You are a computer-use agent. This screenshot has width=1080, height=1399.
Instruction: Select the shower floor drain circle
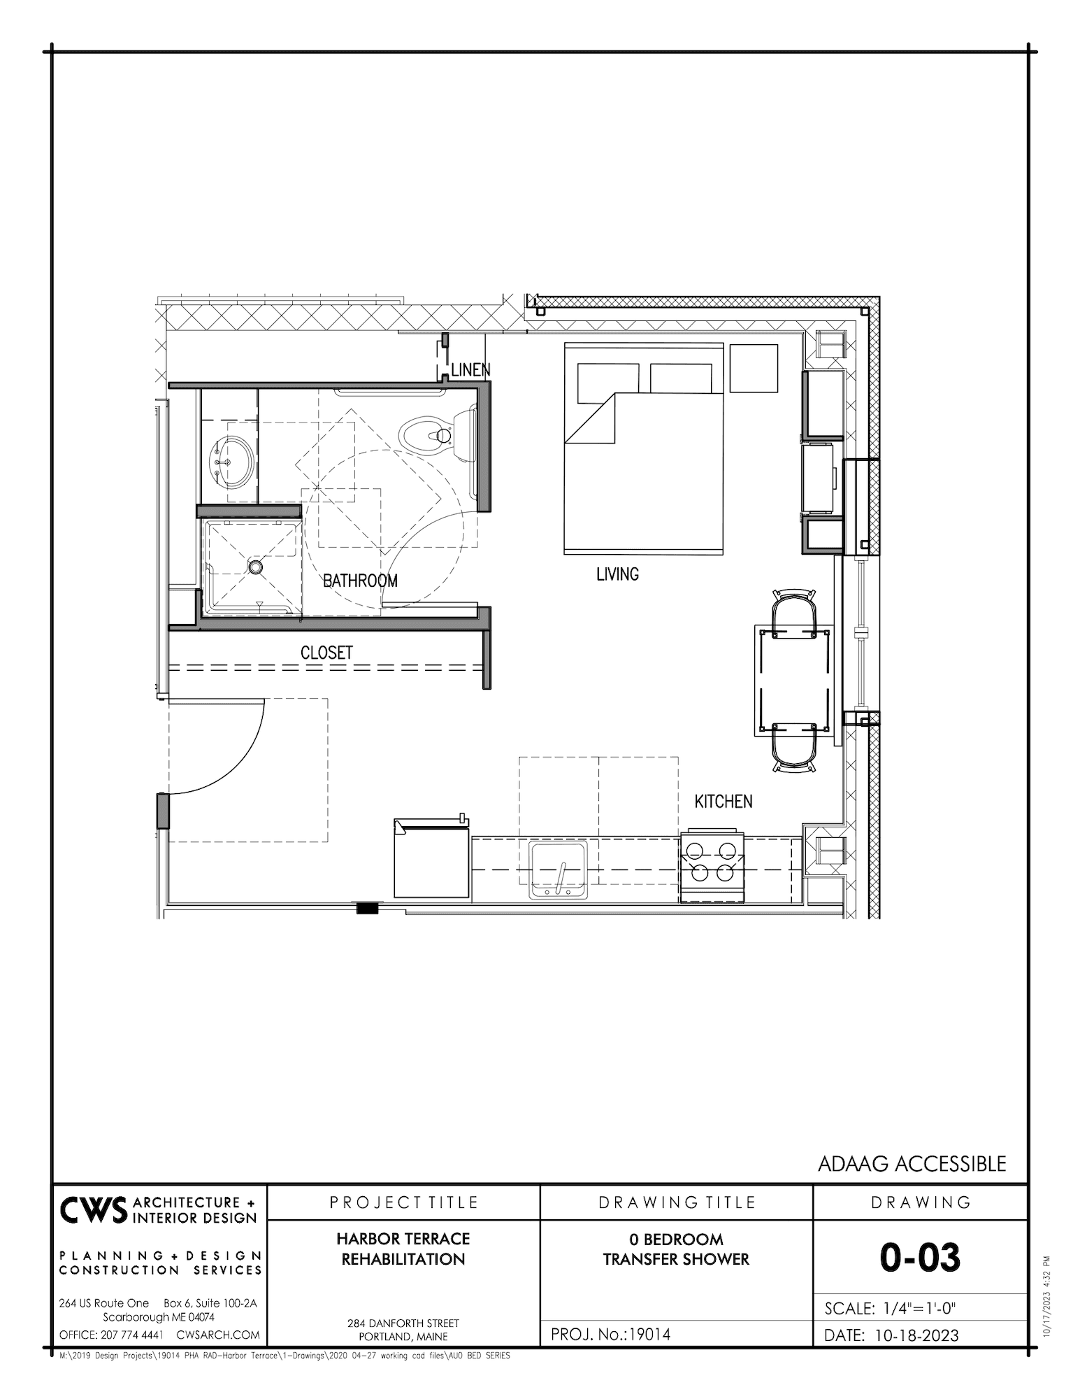(256, 567)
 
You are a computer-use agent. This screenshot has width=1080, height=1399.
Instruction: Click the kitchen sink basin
(558, 868)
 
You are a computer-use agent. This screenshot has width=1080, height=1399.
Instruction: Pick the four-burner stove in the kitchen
(712, 863)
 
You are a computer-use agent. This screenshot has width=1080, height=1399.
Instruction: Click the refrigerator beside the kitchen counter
(431, 862)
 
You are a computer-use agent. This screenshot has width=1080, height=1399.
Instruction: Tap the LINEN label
(470, 370)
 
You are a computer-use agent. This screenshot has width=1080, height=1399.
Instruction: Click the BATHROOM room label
(360, 581)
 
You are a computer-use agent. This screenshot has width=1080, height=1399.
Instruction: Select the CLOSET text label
(326, 653)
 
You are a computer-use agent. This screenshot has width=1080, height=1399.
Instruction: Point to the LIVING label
(617, 574)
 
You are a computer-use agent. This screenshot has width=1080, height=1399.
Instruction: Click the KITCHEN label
(723, 802)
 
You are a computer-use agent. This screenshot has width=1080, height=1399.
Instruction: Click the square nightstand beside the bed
(754, 368)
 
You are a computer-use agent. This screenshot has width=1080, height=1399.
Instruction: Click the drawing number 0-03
(920, 1257)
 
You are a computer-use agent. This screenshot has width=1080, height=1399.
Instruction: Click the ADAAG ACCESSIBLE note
(912, 1163)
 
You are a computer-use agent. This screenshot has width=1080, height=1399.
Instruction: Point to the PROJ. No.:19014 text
(610, 1334)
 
